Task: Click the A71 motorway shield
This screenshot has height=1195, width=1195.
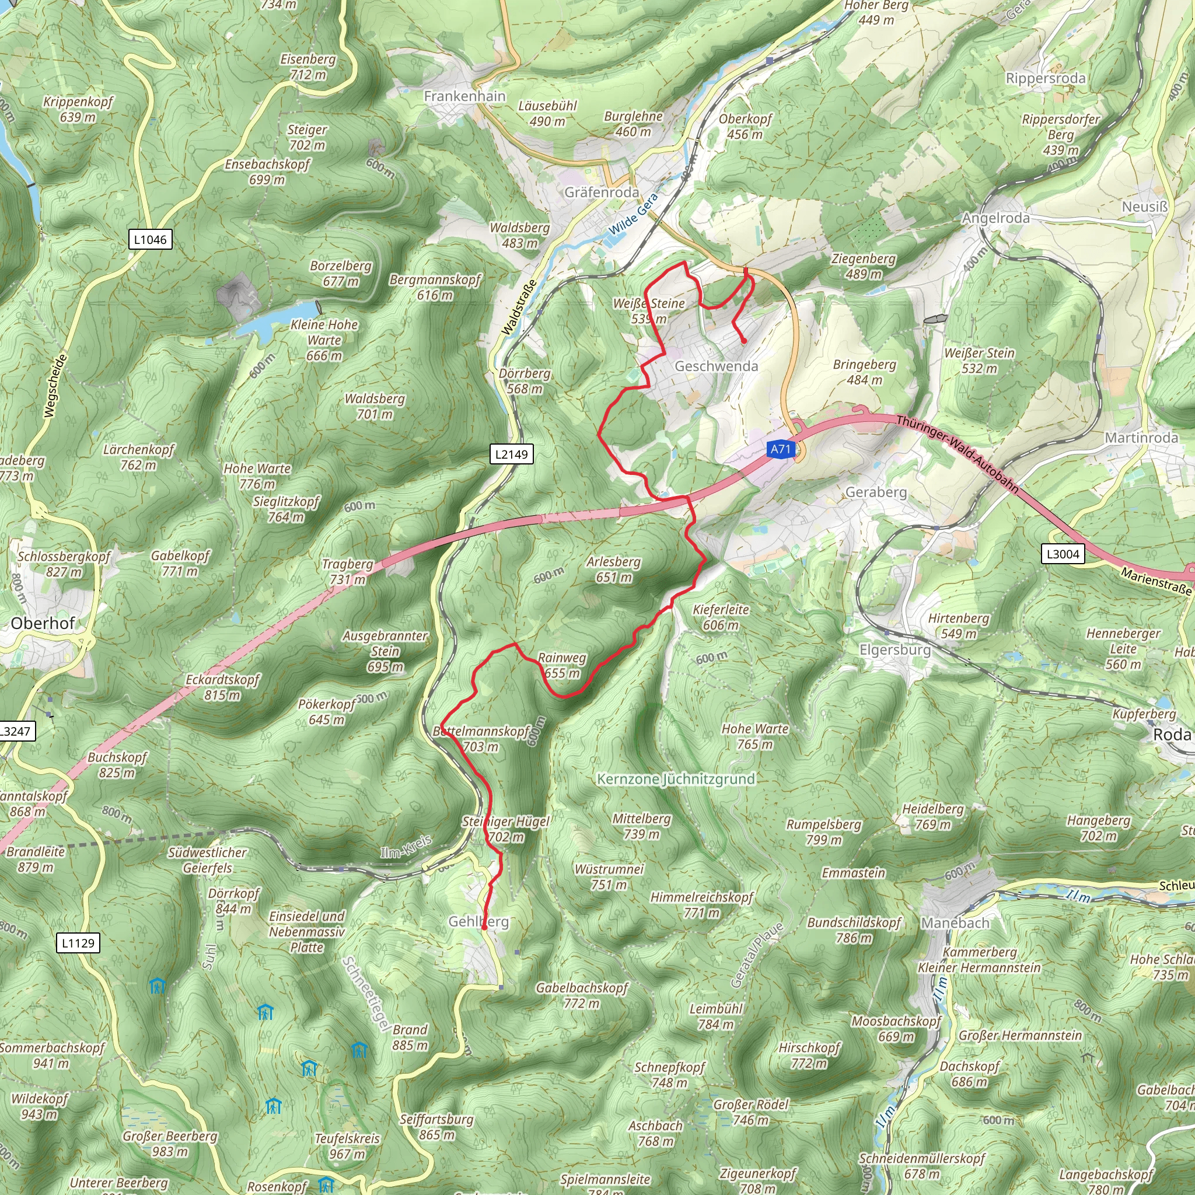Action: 781,449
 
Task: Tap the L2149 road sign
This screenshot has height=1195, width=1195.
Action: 512,454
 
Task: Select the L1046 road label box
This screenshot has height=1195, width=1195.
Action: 150,239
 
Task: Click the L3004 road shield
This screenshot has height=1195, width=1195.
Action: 1063,554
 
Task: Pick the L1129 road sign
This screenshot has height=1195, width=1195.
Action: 79,943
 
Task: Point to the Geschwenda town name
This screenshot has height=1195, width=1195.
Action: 717,366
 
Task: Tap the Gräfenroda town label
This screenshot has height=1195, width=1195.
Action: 601,193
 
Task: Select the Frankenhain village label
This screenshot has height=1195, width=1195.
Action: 464,96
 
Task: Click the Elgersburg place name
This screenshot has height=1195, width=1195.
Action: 895,650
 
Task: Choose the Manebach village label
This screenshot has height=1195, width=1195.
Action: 955,924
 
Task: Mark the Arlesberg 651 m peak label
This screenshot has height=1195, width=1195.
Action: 613,569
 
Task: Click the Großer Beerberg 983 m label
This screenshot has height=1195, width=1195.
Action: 170,1144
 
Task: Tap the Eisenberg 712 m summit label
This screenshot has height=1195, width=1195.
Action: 308,67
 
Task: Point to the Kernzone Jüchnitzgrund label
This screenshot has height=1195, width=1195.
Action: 676,779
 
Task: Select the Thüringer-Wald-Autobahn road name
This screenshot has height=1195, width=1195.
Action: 957,454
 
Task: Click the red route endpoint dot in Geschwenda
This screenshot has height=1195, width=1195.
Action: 743,341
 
